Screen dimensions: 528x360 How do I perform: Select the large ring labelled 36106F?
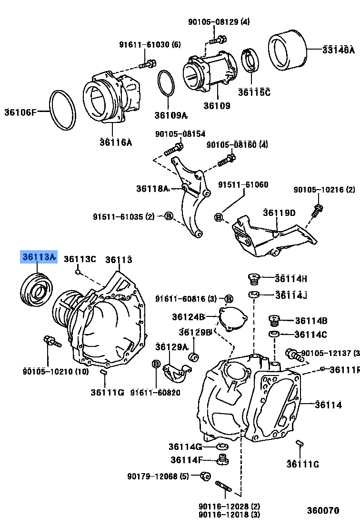coord(63,110)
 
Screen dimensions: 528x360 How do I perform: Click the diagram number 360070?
coord(323,510)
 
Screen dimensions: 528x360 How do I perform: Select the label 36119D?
coord(280,213)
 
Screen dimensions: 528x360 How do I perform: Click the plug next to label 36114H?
coord(254,278)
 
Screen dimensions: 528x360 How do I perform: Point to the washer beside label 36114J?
coord(254,294)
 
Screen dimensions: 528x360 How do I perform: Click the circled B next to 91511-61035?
coord(168,216)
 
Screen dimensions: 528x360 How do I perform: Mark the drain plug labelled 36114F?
coord(222,459)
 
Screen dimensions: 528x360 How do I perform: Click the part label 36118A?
coord(152,189)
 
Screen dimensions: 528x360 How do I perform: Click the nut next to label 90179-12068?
coord(206,476)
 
